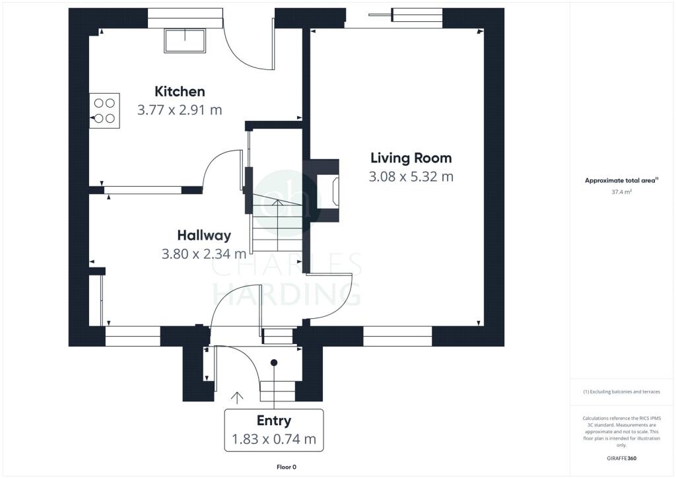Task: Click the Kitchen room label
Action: (180, 91)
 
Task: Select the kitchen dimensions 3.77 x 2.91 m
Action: (180, 110)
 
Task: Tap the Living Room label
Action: (411, 158)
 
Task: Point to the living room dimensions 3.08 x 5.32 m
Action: (411, 177)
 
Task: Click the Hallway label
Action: (204, 235)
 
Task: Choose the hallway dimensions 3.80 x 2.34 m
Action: (204, 254)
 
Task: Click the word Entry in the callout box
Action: (273, 421)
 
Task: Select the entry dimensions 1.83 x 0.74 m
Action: (273, 439)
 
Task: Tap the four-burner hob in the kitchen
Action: (104, 110)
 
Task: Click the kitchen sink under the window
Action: (185, 41)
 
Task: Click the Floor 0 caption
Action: (286, 467)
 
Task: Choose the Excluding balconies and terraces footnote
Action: (621, 392)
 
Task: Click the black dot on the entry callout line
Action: (274, 362)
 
